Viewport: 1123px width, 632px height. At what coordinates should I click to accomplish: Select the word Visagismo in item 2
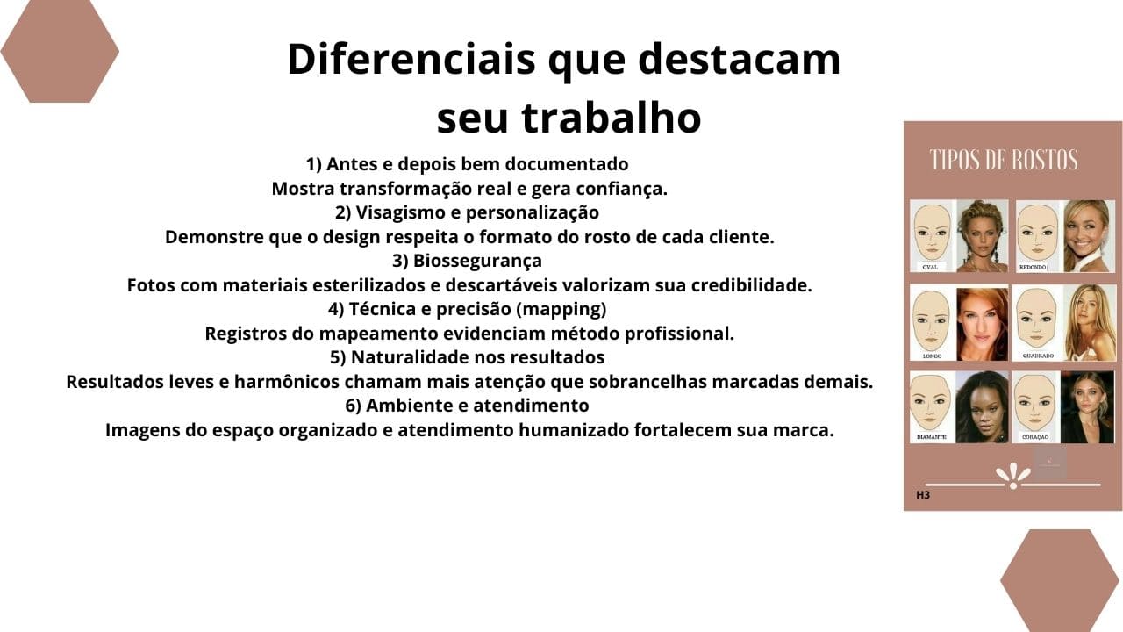tap(399, 212)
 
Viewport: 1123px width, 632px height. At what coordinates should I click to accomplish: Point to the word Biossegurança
tap(477, 261)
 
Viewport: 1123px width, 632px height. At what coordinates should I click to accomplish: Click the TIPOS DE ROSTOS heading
tap(1004, 161)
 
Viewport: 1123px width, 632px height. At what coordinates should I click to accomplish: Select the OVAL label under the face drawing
tap(930, 266)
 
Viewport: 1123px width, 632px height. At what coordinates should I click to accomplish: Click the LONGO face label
tap(931, 355)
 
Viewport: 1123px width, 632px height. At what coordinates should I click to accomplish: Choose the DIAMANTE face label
tap(932, 436)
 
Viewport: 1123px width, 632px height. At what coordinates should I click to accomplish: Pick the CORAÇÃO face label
tap(1035, 436)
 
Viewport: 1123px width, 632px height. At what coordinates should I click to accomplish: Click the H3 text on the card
tap(923, 495)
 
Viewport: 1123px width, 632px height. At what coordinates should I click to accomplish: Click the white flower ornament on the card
tap(1013, 476)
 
